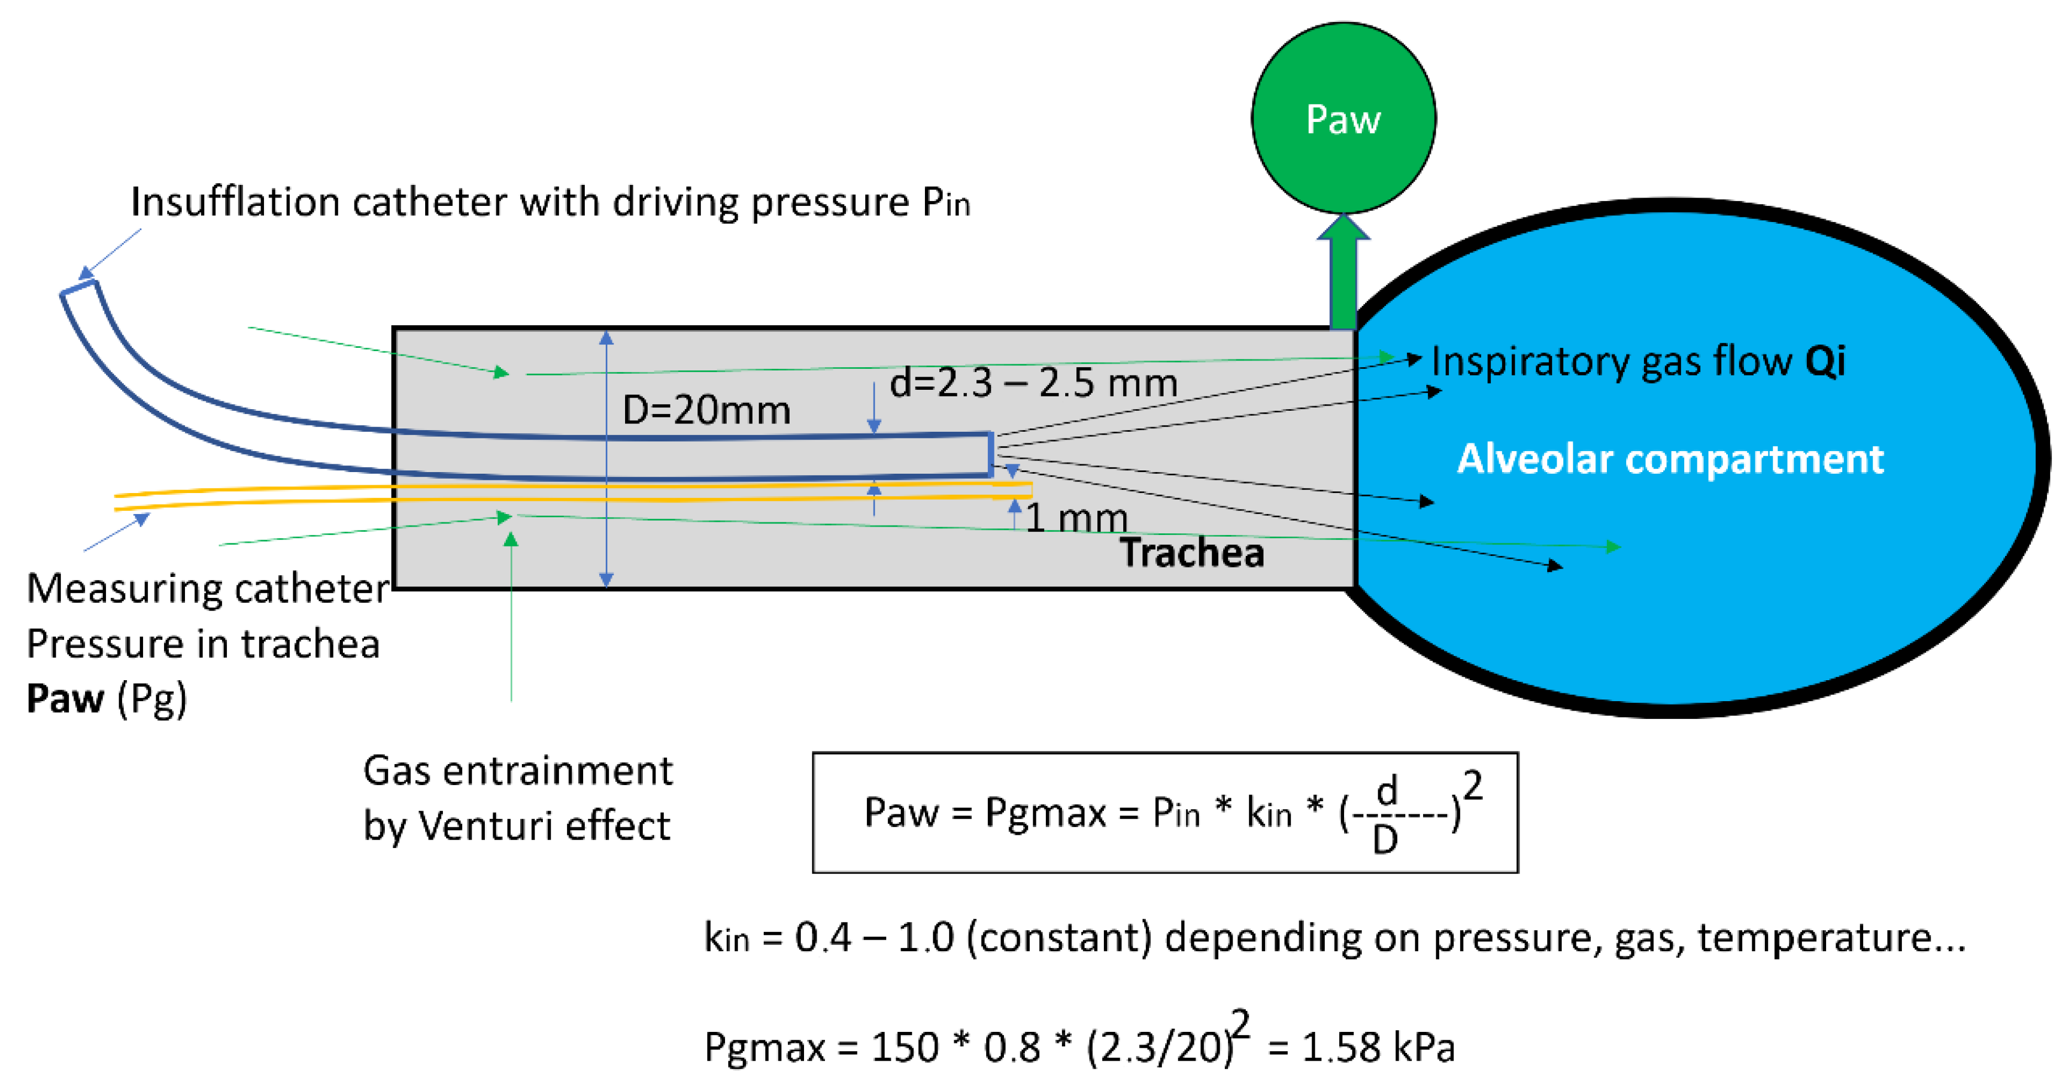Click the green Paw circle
click(1343, 118)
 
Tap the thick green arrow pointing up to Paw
click(1343, 277)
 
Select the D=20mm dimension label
click(706, 410)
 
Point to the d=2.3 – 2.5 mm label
click(1033, 383)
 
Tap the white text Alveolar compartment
click(1670, 459)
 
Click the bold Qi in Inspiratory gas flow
click(1824, 361)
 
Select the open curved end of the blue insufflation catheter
click(78, 288)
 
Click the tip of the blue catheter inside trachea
click(990, 454)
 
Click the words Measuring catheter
click(207, 589)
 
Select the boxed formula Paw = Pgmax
click(1164, 812)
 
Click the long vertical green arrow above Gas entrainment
click(511, 618)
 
